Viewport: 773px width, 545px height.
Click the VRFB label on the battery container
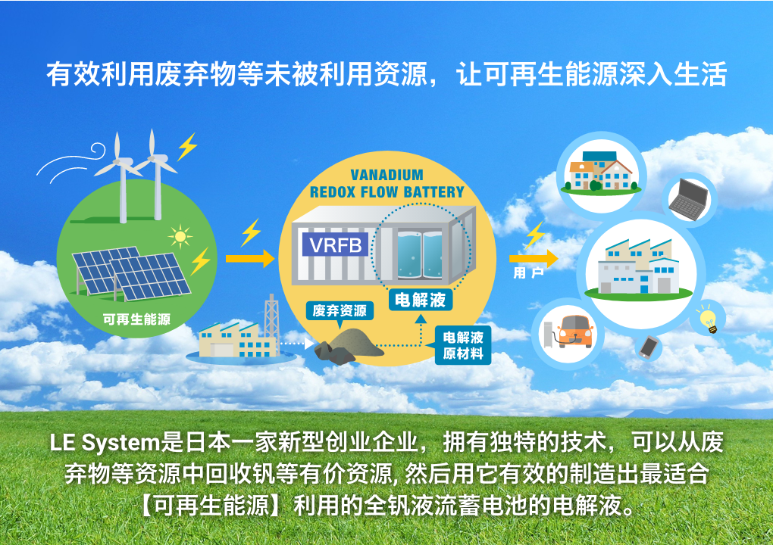tap(335, 244)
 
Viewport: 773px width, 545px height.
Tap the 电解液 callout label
tap(420, 299)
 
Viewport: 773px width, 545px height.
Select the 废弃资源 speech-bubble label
tap(340, 310)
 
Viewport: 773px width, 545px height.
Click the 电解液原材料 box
tap(463, 345)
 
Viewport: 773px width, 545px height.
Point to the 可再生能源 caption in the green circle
tap(136, 319)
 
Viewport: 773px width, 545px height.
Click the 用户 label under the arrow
tap(528, 272)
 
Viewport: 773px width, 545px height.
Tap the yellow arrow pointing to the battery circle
tap(250, 258)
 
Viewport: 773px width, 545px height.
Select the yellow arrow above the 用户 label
tap(534, 258)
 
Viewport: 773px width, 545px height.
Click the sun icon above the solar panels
tap(180, 237)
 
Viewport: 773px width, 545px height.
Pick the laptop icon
tap(689, 199)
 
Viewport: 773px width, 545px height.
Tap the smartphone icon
tap(649, 347)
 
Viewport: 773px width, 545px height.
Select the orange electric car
tap(574, 332)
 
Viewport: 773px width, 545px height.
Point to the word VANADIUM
tap(387, 175)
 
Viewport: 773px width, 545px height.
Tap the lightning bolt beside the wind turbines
tap(187, 146)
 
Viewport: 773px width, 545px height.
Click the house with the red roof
tap(615, 174)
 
